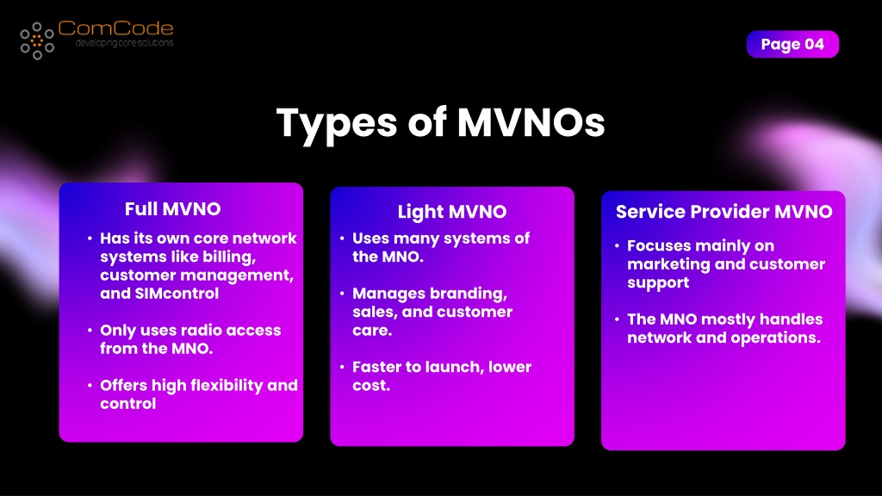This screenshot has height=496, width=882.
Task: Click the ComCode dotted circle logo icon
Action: [x=37, y=40]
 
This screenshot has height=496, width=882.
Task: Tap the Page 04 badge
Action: [x=792, y=45]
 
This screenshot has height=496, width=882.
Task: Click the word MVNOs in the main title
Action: [x=531, y=122]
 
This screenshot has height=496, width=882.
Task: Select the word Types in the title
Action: [x=337, y=125]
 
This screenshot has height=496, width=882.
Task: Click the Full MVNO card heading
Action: [x=172, y=209]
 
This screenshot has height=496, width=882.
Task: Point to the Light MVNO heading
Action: [x=452, y=212]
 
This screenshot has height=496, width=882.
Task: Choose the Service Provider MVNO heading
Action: [x=724, y=212]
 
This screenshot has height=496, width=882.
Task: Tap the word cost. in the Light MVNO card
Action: [x=371, y=386]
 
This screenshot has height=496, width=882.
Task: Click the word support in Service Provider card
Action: [x=658, y=283]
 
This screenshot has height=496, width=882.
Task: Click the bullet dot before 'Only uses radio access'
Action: [x=90, y=330]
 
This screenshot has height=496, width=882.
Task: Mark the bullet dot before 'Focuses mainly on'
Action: [x=617, y=245]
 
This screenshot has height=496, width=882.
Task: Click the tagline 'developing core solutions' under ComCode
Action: [x=124, y=43]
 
